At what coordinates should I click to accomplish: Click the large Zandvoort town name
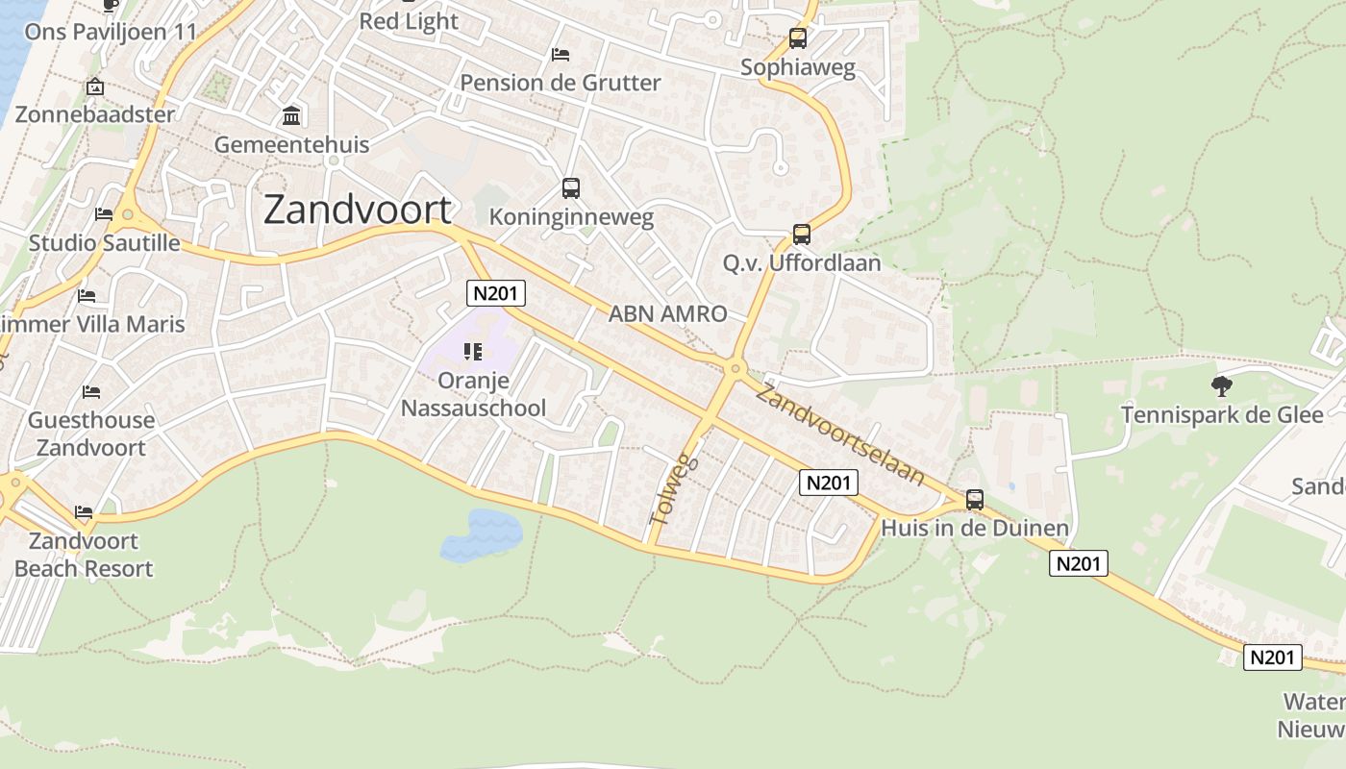click(x=357, y=210)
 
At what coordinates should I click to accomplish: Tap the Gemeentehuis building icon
click(x=290, y=117)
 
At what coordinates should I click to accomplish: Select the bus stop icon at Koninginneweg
click(x=571, y=188)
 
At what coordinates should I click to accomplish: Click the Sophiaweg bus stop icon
click(x=798, y=39)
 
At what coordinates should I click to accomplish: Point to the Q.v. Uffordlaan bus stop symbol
click(x=801, y=235)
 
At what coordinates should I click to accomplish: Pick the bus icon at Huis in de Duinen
click(x=975, y=500)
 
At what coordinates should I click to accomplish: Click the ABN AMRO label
click(x=667, y=313)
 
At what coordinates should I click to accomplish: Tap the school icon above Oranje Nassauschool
click(x=472, y=353)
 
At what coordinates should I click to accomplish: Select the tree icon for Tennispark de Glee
click(x=1222, y=386)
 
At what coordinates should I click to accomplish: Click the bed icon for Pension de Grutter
click(x=561, y=54)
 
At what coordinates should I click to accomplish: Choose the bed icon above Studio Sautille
click(x=104, y=214)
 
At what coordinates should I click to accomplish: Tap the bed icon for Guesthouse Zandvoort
click(x=91, y=392)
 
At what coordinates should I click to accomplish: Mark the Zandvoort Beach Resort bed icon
click(x=84, y=512)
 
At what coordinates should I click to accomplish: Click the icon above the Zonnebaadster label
click(x=95, y=87)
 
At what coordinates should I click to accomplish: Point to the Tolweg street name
click(x=670, y=490)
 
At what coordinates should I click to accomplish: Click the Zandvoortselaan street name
click(x=840, y=434)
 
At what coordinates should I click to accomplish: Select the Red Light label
click(x=409, y=21)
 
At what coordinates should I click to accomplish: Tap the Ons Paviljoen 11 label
click(x=111, y=32)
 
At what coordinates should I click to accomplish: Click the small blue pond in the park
click(x=482, y=534)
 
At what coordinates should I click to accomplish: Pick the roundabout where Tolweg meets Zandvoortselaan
click(x=735, y=367)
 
